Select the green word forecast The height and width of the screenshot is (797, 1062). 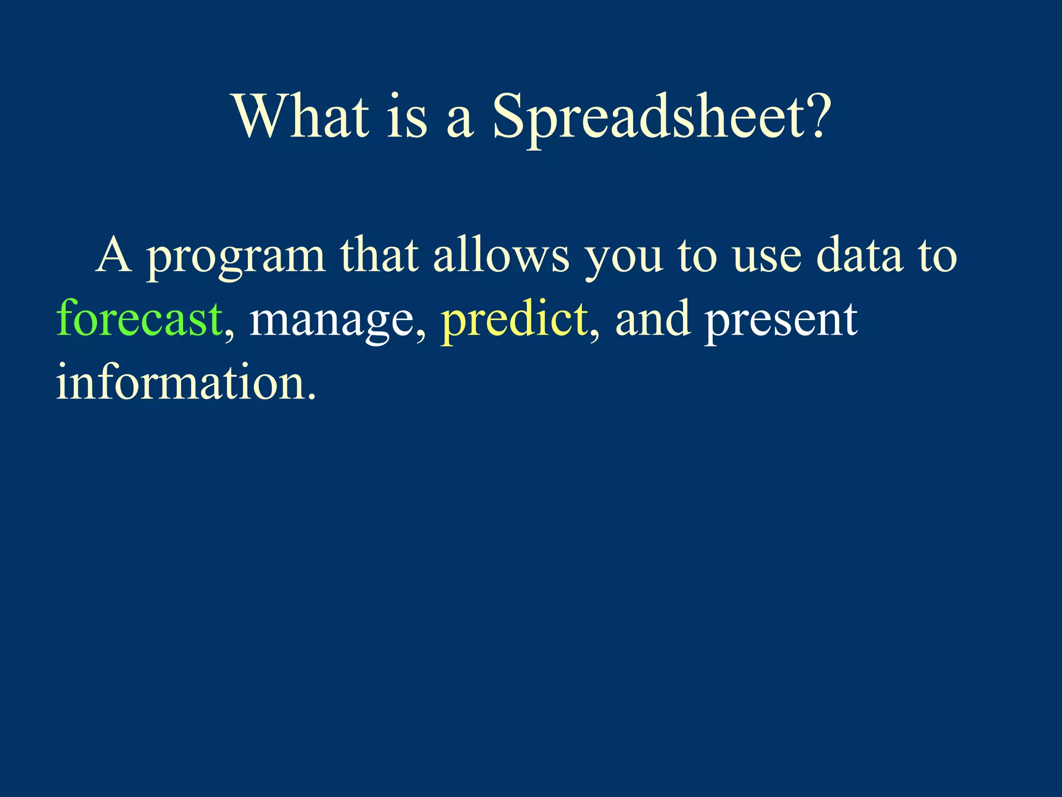(139, 318)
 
